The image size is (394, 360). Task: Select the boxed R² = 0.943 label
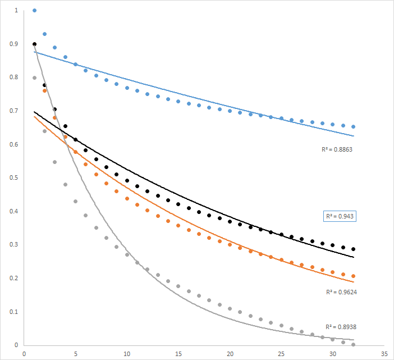pyautogui.click(x=341, y=216)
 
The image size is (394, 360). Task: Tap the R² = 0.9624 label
pyautogui.click(x=341, y=292)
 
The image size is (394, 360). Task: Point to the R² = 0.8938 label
pyautogui.click(x=341, y=326)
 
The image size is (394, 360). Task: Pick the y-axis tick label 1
pyautogui.click(x=17, y=11)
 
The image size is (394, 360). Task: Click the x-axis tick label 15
pyautogui.click(x=178, y=354)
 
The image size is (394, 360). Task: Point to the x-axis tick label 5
pyautogui.click(x=75, y=354)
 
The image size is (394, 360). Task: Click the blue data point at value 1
pyautogui.click(x=34, y=11)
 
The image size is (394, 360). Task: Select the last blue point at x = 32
pyautogui.click(x=354, y=126)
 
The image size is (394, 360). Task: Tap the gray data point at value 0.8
pyautogui.click(x=34, y=78)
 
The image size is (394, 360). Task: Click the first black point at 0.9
pyautogui.click(x=34, y=44)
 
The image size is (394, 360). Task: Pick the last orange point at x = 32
pyautogui.click(x=354, y=276)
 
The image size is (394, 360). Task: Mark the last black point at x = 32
pyautogui.click(x=354, y=249)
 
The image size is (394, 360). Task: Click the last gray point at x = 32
pyautogui.click(x=354, y=344)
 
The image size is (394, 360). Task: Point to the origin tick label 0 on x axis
pyautogui.click(x=24, y=354)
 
